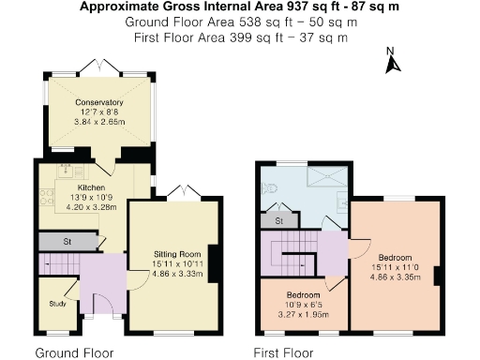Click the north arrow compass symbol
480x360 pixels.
394,62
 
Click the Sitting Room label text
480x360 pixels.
177,254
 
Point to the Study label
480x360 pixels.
57,304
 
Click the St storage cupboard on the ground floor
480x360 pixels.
67,242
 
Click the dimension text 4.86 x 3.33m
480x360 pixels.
177,275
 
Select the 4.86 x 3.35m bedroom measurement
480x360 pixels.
394,277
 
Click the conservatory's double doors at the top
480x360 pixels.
98,66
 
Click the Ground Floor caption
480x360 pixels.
74,353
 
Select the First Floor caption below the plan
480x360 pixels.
286,353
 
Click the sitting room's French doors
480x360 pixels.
178,194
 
